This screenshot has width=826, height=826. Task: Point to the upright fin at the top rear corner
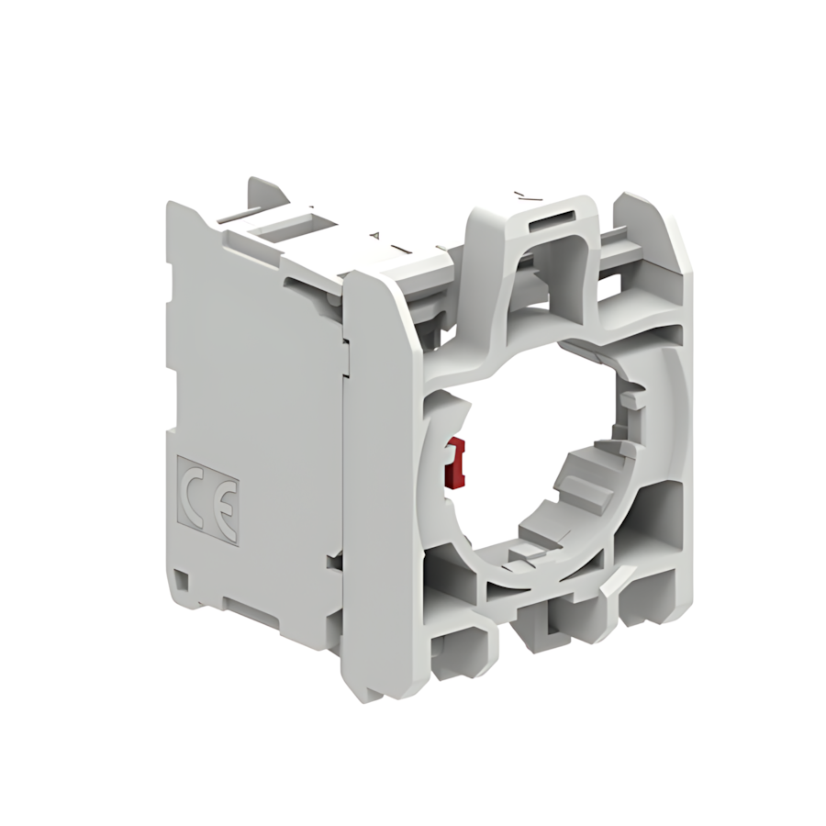click(x=261, y=193)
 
